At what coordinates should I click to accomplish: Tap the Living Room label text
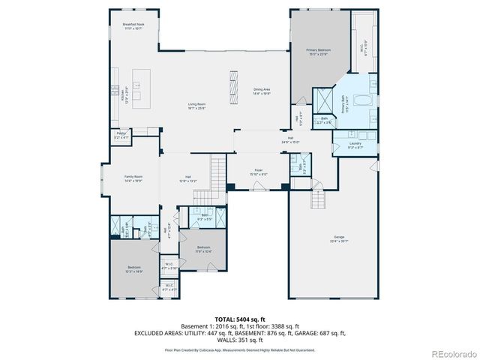coord(196,106)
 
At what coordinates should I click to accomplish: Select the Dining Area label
coord(262,91)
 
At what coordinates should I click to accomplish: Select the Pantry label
coord(121,135)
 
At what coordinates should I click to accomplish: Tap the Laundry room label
coord(355,146)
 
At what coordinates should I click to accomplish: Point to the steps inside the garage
coord(319,199)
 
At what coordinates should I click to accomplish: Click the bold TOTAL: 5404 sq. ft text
coord(239,319)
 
